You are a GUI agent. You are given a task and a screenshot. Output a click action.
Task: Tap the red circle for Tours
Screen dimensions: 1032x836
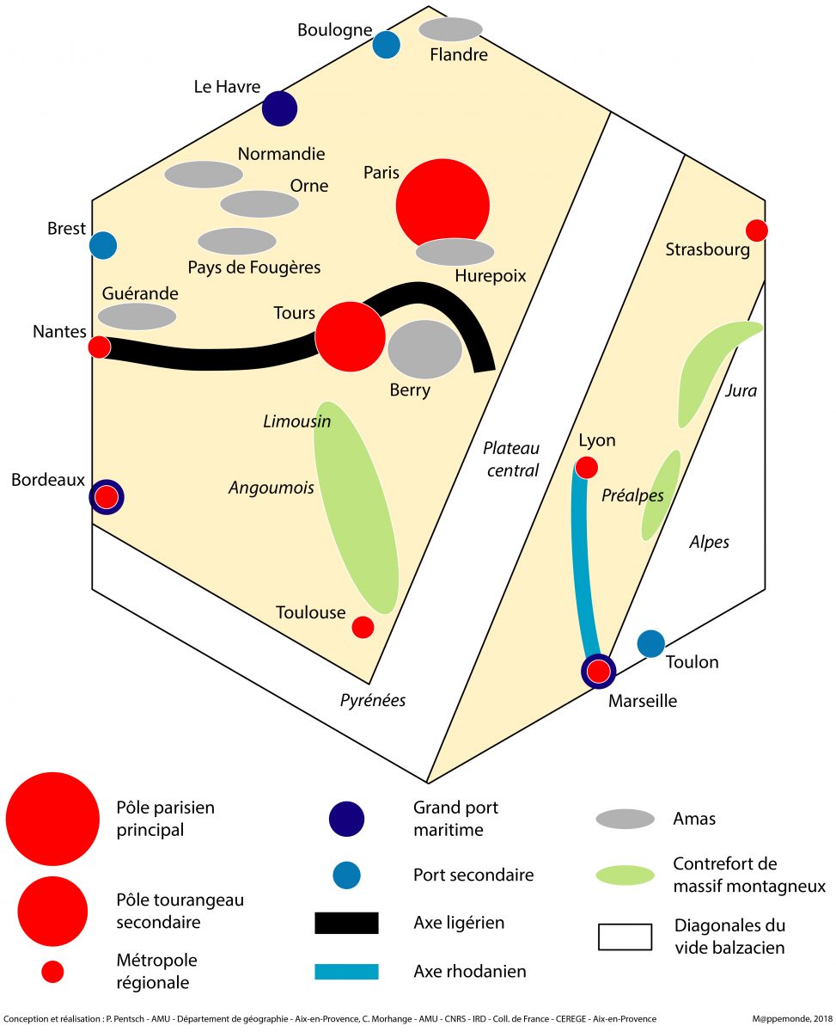351,336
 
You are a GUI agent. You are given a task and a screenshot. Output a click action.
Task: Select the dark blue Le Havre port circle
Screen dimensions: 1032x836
279,108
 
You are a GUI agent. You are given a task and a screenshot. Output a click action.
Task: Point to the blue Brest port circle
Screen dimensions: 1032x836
103,245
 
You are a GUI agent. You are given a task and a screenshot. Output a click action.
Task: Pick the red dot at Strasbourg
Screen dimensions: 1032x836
756,230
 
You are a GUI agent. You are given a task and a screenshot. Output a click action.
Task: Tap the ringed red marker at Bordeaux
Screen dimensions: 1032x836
107,496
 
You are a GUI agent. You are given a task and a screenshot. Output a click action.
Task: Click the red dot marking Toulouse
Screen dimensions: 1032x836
363,627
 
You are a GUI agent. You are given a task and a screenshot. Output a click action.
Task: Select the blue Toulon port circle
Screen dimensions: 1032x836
651,642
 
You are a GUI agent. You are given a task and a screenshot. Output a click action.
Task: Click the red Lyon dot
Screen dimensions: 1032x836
587,467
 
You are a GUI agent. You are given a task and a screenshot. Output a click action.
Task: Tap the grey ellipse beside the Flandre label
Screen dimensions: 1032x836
450,29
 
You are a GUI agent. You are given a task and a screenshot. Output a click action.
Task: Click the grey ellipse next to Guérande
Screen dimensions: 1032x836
137,316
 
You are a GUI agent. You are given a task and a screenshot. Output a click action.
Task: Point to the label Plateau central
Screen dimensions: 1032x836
511,459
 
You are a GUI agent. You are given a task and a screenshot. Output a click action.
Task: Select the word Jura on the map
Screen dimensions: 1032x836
741,391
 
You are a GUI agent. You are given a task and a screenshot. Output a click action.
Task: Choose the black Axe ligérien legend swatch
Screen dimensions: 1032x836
346,923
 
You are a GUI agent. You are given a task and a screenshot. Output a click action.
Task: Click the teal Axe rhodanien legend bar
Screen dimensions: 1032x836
346,972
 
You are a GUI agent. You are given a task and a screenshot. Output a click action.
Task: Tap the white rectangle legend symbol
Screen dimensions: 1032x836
625,937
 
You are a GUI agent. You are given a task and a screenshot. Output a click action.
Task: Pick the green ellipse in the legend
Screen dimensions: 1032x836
625,875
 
